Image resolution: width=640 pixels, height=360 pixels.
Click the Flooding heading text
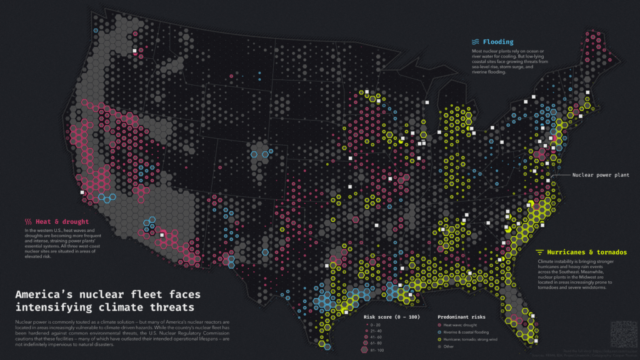coord(497,42)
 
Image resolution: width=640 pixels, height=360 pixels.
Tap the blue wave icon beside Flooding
coord(476,42)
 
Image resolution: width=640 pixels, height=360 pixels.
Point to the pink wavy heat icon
coord(28,221)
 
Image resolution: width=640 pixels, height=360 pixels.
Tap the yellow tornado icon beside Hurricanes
coord(539,252)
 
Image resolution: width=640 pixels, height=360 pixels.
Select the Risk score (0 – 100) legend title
coord(392,317)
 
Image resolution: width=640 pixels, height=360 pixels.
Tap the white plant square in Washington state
coord(134,49)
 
